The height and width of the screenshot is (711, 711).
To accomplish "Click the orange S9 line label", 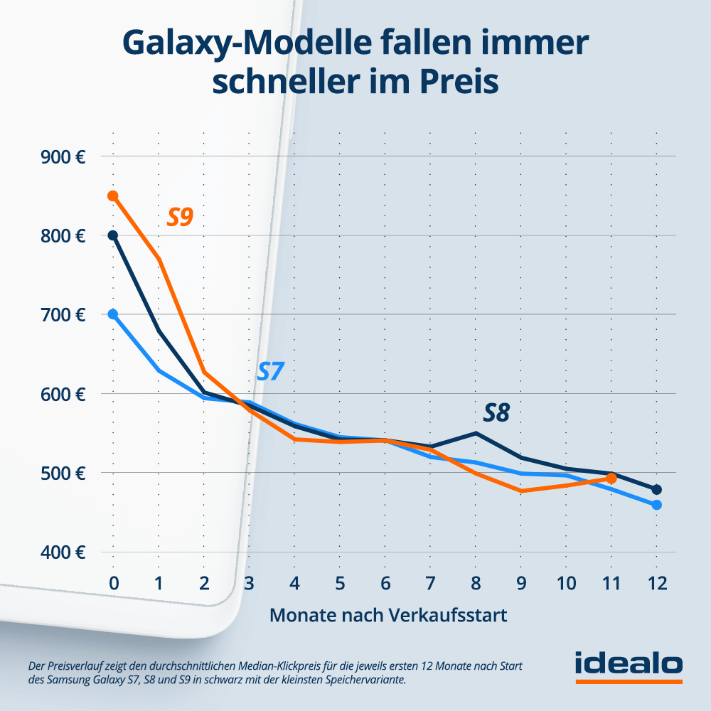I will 180,216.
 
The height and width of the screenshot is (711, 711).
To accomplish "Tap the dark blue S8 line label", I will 496,412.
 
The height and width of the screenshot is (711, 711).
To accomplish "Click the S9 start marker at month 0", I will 112,196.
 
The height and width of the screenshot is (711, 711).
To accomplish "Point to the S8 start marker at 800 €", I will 112,235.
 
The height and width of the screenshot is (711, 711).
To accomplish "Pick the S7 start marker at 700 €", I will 112,314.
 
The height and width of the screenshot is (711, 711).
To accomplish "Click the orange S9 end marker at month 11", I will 611,479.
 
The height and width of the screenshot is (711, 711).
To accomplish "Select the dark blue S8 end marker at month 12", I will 657,489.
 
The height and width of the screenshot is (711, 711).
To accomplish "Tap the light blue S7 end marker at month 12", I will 657,505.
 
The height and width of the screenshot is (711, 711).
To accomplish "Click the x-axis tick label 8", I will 476,583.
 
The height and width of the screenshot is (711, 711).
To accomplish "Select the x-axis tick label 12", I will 656,583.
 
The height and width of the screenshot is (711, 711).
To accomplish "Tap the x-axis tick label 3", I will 249,583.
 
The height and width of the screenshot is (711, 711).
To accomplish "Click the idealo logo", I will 629,665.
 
